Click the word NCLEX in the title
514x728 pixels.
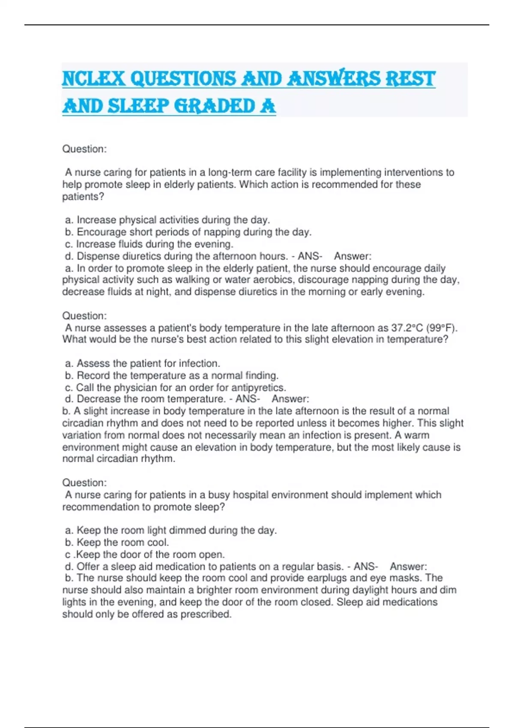[x=93, y=79]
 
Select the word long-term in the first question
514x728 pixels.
[x=230, y=173]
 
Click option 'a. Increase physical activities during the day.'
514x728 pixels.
[x=167, y=220]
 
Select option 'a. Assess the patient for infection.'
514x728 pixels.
[x=142, y=364]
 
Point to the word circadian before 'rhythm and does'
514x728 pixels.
[x=83, y=423]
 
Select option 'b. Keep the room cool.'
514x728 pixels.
[x=117, y=542]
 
